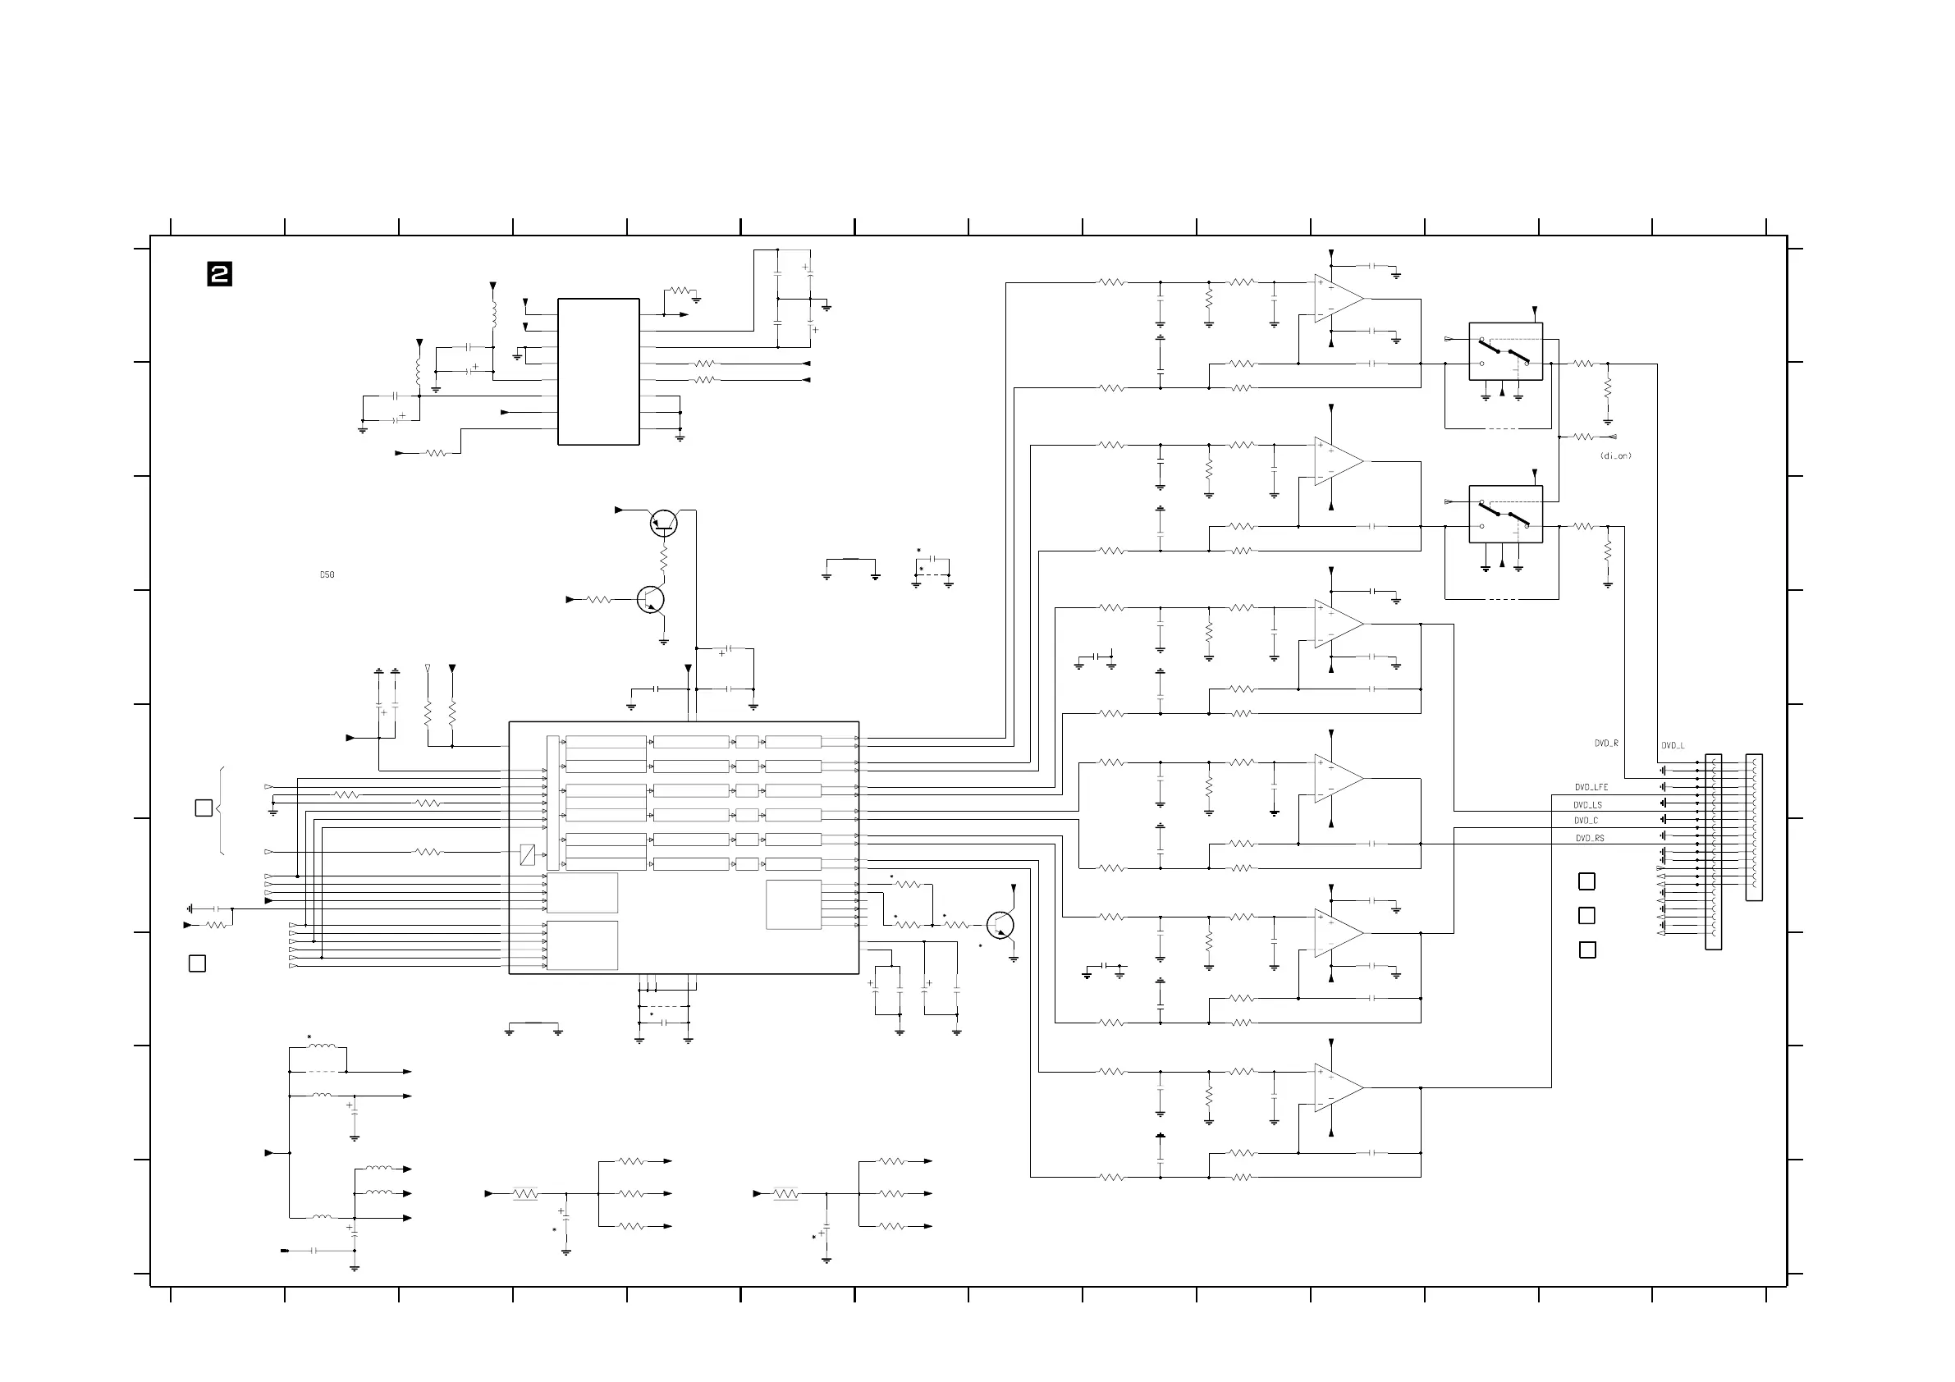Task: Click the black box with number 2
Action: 220,274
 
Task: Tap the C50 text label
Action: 327,574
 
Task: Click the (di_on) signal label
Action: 1615,456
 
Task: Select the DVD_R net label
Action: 1606,744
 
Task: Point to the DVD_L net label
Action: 1673,746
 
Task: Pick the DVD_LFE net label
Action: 1591,788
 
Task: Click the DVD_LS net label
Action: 1587,805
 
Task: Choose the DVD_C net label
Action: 1586,821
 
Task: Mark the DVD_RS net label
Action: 1589,839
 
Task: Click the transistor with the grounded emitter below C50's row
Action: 651,599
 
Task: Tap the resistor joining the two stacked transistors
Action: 663,560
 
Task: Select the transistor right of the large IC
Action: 1000,925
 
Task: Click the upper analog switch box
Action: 1505,350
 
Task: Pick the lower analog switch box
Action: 1505,515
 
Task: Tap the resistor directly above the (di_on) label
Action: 1583,437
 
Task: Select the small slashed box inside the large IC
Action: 527,855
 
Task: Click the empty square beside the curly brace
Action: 204,808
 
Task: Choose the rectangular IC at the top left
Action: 598,371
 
